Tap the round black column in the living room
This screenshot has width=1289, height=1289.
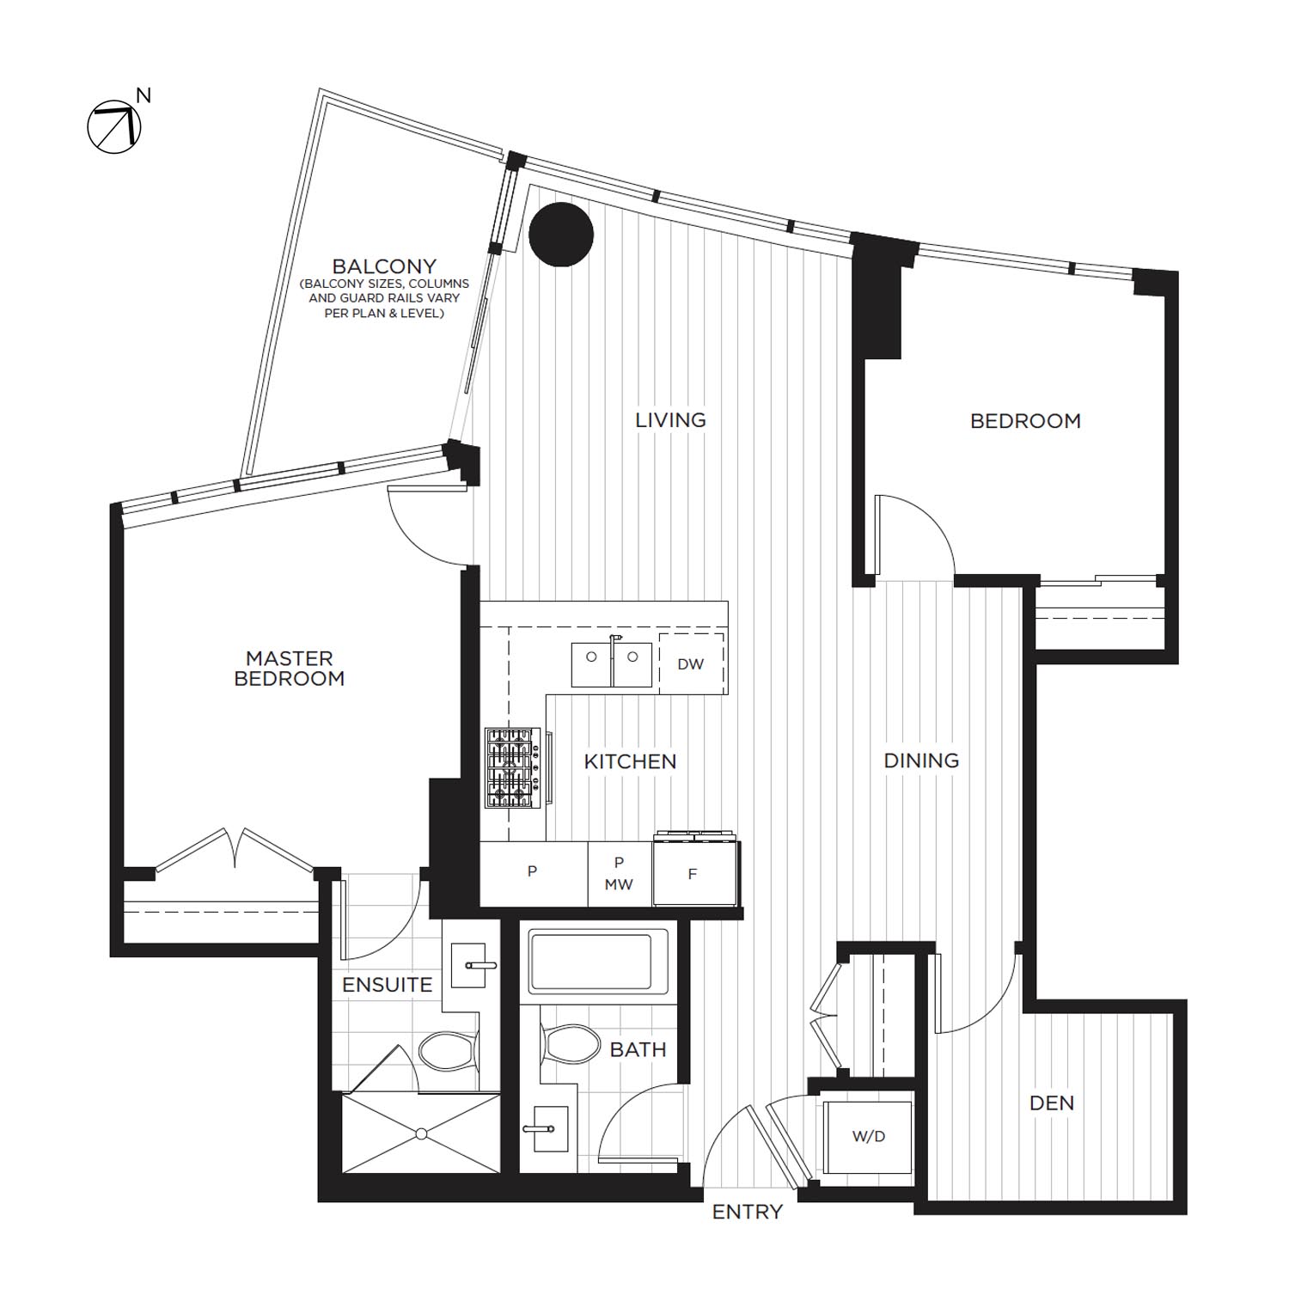click(x=561, y=235)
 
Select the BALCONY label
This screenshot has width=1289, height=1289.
click(x=384, y=266)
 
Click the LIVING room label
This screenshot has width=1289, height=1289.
click(x=670, y=420)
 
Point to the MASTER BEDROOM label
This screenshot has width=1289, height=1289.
click(x=290, y=669)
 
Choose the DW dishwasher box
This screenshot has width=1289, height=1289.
click(x=691, y=663)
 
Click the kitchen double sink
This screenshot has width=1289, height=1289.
click(x=612, y=663)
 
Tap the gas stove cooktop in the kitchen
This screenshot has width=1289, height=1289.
click(x=509, y=768)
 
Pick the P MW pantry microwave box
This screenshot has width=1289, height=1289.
click(x=619, y=874)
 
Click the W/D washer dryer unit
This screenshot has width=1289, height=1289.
click(x=868, y=1137)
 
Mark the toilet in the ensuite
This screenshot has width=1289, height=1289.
click(x=446, y=1050)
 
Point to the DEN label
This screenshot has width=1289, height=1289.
click(x=1052, y=1103)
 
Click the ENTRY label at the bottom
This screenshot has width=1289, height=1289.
click(x=747, y=1212)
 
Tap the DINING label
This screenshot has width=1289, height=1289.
click(x=921, y=761)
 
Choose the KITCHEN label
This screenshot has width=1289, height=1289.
click(x=630, y=761)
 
